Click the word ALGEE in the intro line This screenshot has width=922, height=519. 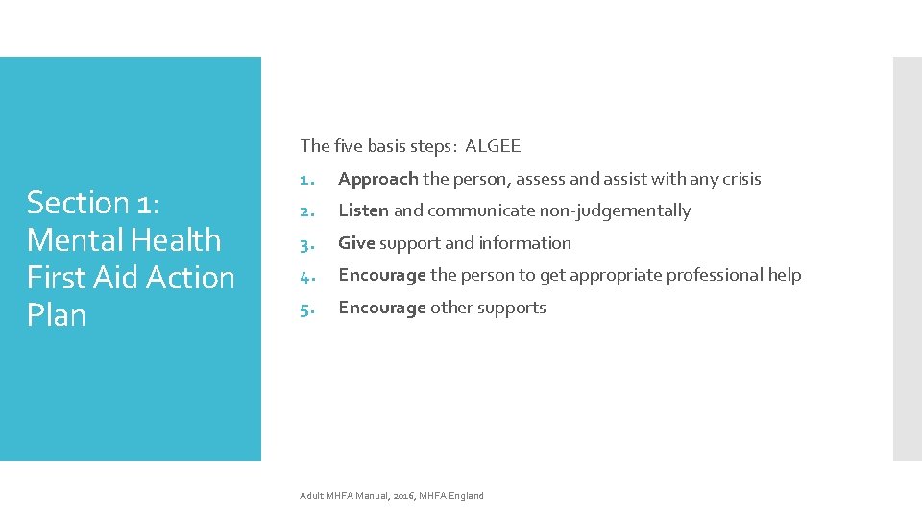point(493,146)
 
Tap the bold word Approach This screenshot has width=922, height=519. point(378,179)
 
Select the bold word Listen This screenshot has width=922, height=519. point(363,210)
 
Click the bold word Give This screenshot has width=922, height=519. point(356,243)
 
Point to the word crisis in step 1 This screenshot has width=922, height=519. point(740,179)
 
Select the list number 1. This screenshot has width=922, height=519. point(305,179)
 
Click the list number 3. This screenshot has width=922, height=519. point(305,243)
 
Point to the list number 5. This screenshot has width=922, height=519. point(305,308)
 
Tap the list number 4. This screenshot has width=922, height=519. point(305,276)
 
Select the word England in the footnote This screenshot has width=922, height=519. point(465,496)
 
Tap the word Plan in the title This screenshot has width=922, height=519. point(57,315)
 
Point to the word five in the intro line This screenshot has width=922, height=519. point(347,146)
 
